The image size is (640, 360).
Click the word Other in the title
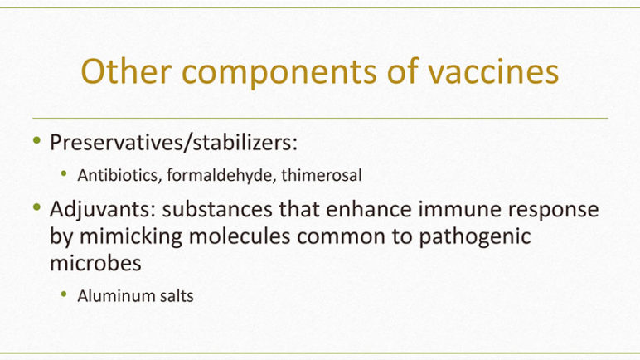pos(126,71)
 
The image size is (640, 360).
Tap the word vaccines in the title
pos(493,71)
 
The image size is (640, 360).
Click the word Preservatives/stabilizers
pos(173,143)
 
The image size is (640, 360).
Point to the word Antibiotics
pos(119,175)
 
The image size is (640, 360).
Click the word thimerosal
pos(322,175)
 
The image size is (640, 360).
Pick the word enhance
pos(369,209)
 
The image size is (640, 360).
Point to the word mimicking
pos(131,237)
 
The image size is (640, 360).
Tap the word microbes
pos(95,263)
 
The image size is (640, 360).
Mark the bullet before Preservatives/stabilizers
pos(37,140)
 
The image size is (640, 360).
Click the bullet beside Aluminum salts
pos(64,294)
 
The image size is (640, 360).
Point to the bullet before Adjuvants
pos(37,207)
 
